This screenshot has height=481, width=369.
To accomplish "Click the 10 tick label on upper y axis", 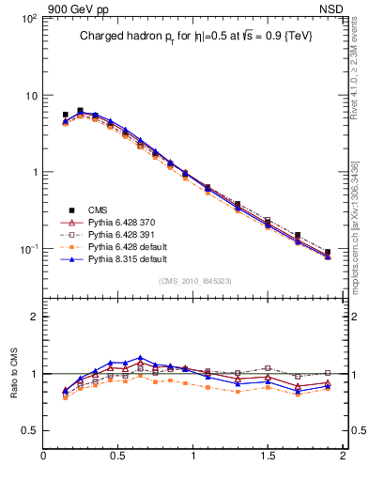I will click(29, 96).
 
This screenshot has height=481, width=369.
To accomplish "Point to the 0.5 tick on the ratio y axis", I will click(28, 429).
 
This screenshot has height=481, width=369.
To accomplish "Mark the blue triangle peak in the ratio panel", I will click(140, 358).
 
